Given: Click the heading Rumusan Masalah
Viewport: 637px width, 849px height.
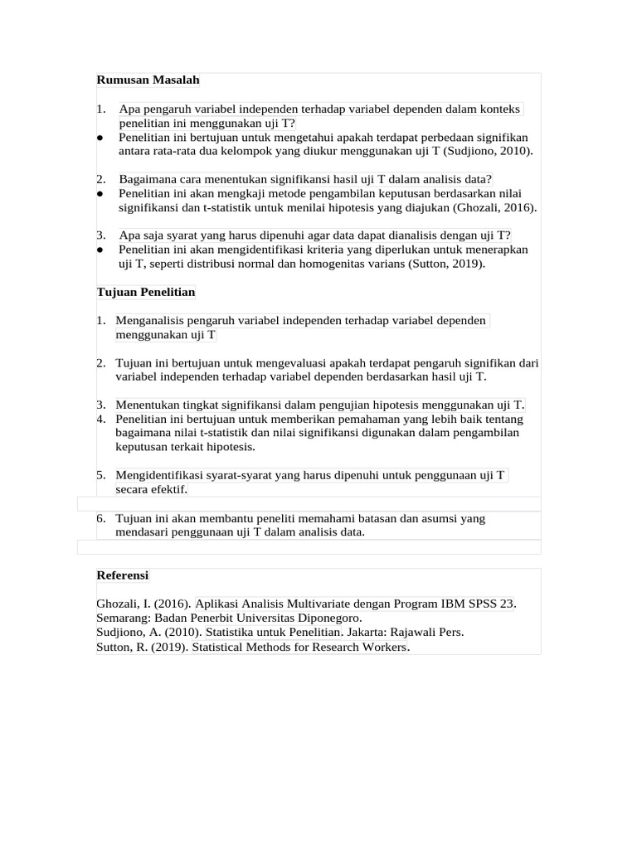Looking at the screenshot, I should [148, 80].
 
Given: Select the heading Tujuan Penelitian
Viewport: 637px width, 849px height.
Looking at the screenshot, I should [145, 292].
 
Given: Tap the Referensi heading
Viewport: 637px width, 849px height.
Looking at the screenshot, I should [122, 575].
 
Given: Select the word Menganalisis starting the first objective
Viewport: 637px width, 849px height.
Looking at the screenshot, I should [150, 321].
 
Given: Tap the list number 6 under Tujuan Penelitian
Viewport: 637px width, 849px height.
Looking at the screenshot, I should [100, 518].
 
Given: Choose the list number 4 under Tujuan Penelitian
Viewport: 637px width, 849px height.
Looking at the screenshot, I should [100, 419].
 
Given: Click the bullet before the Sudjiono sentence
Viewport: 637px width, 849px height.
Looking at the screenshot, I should [100, 138].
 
